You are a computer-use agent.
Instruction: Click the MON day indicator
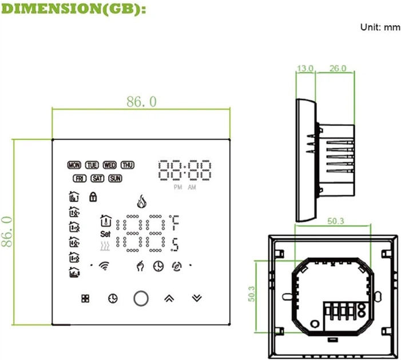click(x=74, y=165)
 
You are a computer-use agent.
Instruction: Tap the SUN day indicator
click(x=115, y=178)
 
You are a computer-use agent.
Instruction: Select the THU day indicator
click(x=127, y=165)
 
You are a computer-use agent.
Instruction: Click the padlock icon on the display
click(x=92, y=197)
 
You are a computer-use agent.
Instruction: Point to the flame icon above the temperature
click(x=141, y=202)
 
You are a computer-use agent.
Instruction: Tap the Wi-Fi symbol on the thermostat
click(x=104, y=265)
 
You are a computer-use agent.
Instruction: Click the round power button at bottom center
click(x=141, y=298)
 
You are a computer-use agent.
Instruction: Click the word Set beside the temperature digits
click(x=105, y=233)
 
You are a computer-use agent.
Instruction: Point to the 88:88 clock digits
click(x=185, y=170)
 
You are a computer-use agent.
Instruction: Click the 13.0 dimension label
click(x=305, y=69)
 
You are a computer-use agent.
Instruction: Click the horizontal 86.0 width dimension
click(x=141, y=102)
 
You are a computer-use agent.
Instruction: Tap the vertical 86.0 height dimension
click(x=7, y=231)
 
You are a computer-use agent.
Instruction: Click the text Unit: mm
click(x=380, y=27)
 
